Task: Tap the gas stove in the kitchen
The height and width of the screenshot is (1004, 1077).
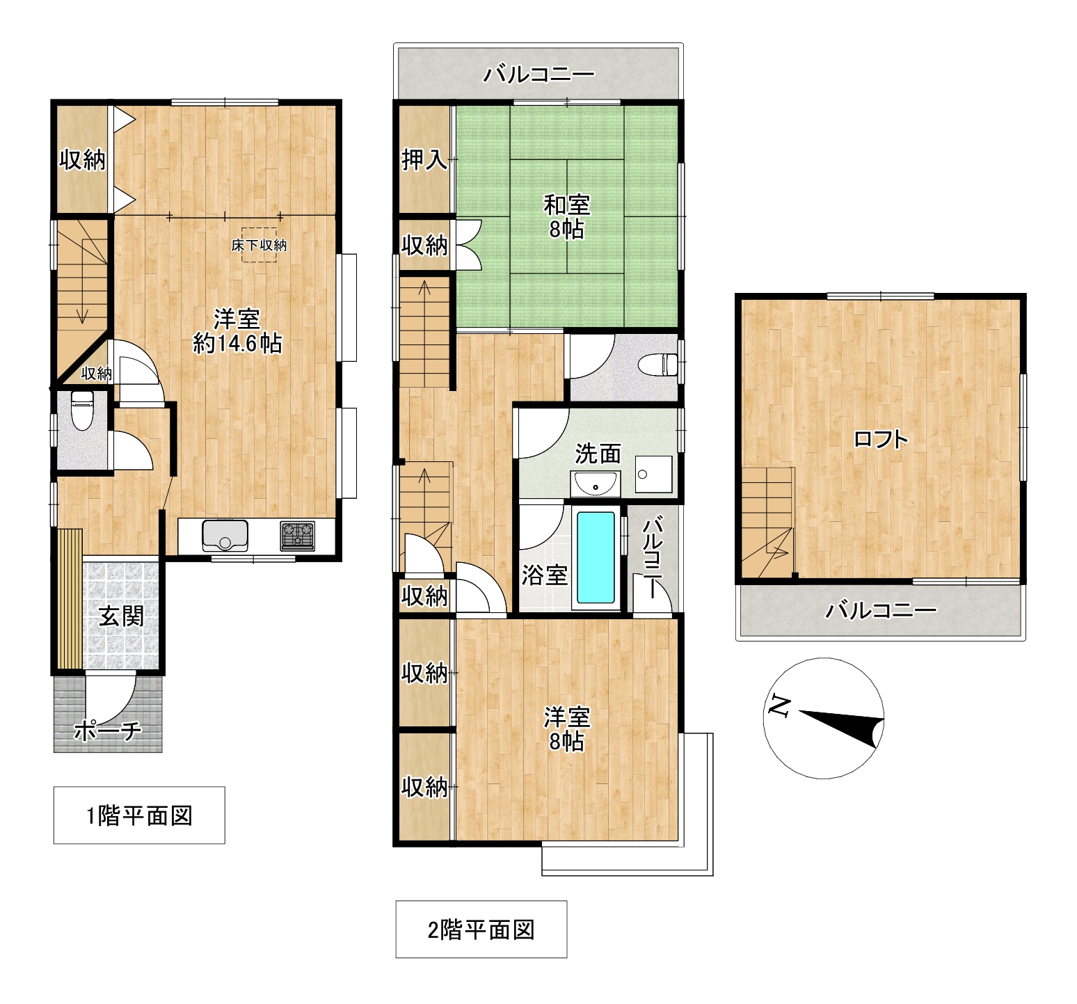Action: (297, 536)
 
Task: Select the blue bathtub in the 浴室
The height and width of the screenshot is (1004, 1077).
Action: (596, 558)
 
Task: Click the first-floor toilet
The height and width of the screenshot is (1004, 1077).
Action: (82, 410)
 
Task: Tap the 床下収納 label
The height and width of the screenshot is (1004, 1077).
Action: (259, 245)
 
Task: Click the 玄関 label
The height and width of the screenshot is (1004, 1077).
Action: (121, 616)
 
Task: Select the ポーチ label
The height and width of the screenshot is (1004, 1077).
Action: (108, 731)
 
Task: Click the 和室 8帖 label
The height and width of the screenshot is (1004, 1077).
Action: (566, 217)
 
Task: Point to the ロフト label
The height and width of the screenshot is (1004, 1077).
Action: (881, 439)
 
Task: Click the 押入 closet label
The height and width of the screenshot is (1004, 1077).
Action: (424, 161)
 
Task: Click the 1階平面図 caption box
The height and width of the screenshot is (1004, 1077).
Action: (139, 815)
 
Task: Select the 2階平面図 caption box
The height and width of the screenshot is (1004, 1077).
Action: (481, 930)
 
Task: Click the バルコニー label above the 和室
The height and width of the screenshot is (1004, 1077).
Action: (539, 74)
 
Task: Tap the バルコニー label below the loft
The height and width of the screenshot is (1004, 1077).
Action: (881, 612)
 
